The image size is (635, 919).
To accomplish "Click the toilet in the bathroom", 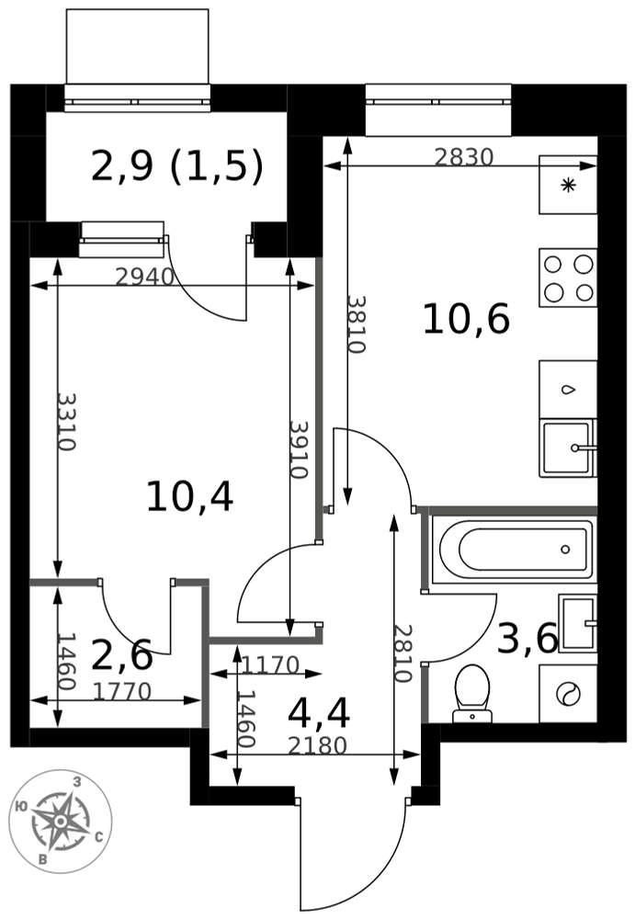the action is pyautogui.click(x=472, y=693).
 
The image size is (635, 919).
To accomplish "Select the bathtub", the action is pyautogui.click(x=513, y=549).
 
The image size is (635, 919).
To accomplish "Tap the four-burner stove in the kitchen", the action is pyautogui.click(x=568, y=278).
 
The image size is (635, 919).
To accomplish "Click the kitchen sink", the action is pyautogui.click(x=568, y=448).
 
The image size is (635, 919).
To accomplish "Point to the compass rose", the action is pyautogui.click(x=61, y=821).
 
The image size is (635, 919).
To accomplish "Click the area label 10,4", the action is pyautogui.click(x=189, y=496).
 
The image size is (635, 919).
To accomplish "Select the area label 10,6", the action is pyautogui.click(x=466, y=320).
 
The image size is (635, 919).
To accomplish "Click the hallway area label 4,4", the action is pyautogui.click(x=319, y=713).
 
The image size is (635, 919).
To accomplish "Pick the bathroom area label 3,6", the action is pyautogui.click(x=527, y=639).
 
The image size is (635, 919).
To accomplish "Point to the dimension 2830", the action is pyautogui.click(x=464, y=157).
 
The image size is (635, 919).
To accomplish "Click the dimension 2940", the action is pyautogui.click(x=145, y=276).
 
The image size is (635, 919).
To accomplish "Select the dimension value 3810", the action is pyautogui.click(x=357, y=323).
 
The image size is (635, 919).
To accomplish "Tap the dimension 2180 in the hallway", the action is pyautogui.click(x=317, y=745).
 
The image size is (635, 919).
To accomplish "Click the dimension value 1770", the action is pyautogui.click(x=122, y=692).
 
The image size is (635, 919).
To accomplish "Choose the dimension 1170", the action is pyautogui.click(x=270, y=665).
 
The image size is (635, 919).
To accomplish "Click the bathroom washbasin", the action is pyautogui.click(x=578, y=623).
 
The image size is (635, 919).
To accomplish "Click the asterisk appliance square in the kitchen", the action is pyautogui.click(x=568, y=186).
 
